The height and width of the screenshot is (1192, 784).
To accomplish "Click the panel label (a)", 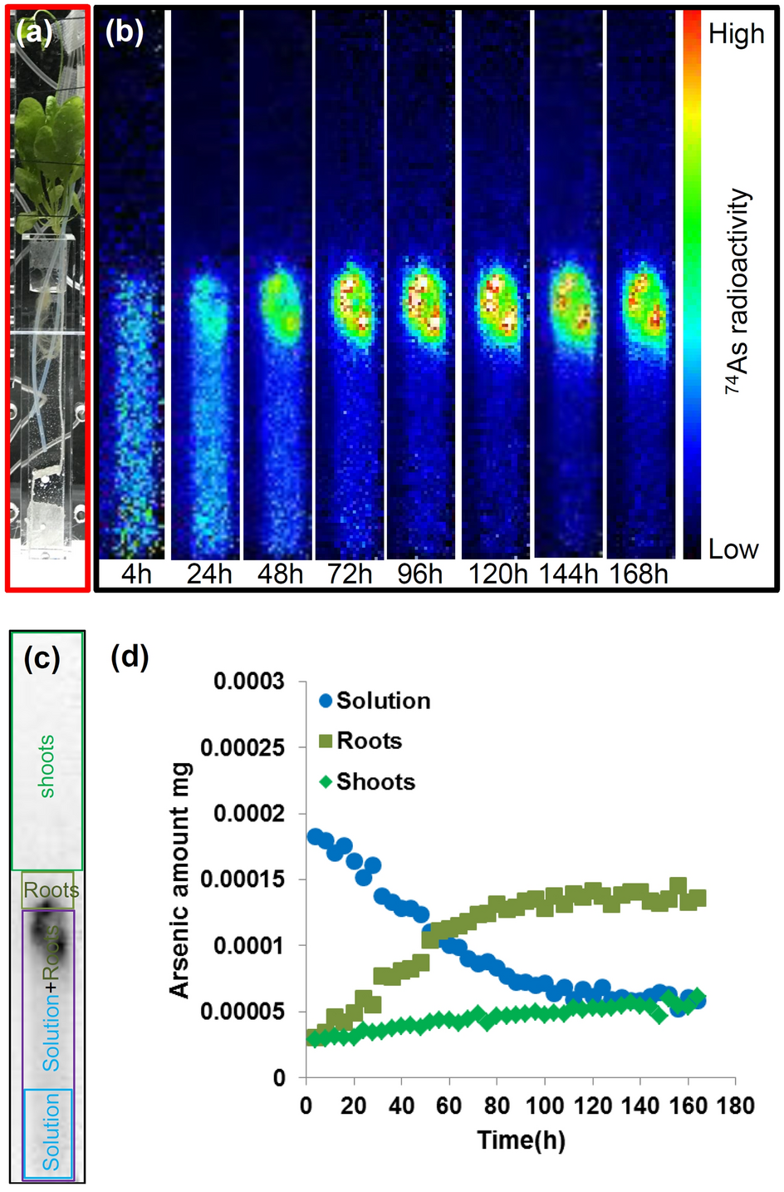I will pyautogui.click(x=33, y=32).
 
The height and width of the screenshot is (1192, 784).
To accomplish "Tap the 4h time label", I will pyautogui.click(x=136, y=574).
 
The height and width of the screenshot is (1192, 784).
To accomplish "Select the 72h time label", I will pyautogui.click(x=350, y=574).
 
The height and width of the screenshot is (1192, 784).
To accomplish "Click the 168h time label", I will pyautogui.click(x=639, y=574).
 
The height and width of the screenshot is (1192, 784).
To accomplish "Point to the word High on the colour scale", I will pyautogui.click(x=736, y=34).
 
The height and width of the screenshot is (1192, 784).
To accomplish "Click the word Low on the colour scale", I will pyautogui.click(x=733, y=549).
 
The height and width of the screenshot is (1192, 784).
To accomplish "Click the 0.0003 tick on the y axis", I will pyautogui.click(x=248, y=682).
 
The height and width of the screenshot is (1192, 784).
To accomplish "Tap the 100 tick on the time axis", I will pyautogui.click(x=545, y=1106).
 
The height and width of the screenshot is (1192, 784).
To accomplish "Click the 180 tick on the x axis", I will pyautogui.click(x=735, y=1106).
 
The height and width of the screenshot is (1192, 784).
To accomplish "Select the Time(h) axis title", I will pyautogui.click(x=521, y=1140).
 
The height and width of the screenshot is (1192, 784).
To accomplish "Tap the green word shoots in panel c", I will pyautogui.click(x=47, y=766).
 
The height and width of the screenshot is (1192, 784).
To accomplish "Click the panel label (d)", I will pyautogui.click(x=130, y=657).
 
